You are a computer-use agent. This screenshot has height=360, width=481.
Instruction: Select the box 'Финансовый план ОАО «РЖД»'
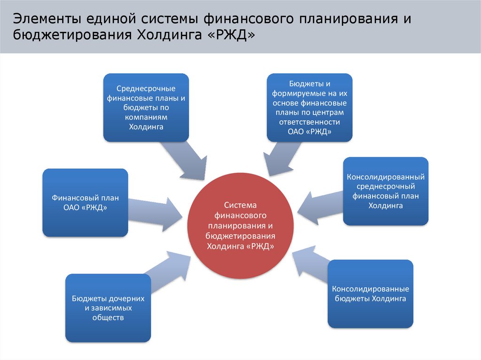[85, 202]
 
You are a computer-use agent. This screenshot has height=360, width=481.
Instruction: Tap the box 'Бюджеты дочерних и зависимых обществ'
[108, 308]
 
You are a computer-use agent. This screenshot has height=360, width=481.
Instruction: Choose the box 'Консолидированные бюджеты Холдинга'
[370, 294]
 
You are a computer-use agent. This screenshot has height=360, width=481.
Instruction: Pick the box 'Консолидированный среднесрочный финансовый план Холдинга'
[385, 191]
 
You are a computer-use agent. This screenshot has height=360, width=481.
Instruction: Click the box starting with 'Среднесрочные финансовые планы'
[146, 107]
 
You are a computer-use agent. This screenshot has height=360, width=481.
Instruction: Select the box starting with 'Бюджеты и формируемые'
[310, 107]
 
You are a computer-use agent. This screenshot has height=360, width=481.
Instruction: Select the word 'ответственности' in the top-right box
[310, 123]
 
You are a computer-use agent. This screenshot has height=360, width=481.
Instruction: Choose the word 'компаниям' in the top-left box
[146, 117]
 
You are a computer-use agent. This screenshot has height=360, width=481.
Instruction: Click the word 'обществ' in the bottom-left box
[108, 318]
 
